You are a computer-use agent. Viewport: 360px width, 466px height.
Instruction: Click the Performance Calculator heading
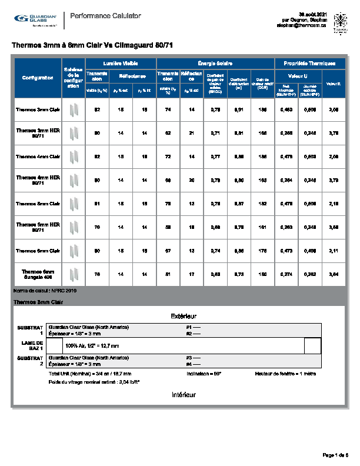[x=105, y=16]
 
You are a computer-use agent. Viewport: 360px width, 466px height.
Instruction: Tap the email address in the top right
[x=302, y=25]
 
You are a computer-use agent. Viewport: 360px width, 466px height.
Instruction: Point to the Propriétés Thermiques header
[x=309, y=63]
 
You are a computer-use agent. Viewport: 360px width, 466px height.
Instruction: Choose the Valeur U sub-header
[x=299, y=76]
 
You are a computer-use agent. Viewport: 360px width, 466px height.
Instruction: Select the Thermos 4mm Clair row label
[x=38, y=156]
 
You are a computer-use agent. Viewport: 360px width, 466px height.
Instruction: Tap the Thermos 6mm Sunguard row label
[x=38, y=274]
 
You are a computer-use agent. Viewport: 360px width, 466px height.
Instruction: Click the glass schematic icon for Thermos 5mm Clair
[x=74, y=203]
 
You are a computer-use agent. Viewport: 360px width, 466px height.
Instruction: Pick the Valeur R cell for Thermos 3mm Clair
[x=334, y=109]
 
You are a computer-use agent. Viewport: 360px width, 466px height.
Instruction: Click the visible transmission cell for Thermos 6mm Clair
[x=98, y=250]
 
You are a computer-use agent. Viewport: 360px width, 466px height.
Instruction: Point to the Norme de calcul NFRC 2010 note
[x=45, y=291]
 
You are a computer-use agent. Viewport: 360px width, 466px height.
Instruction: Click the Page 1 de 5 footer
[x=336, y=454]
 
